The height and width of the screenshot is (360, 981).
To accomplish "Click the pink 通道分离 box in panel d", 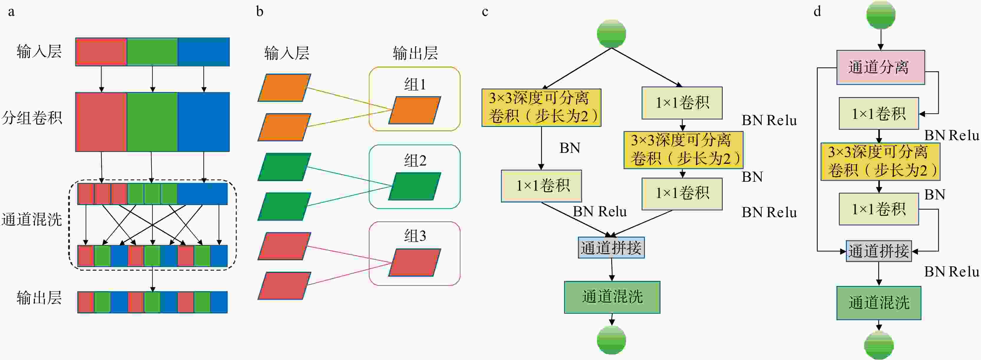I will tap(880, 67).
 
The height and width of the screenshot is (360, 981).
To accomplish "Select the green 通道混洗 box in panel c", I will tap(612, 297).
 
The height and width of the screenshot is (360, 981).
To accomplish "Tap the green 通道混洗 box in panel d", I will tap(879, 303).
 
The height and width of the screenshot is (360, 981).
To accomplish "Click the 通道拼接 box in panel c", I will tap(611, 248).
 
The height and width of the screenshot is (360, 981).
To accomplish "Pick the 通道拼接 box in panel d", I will tap(879, 251).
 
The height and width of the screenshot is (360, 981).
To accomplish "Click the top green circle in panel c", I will tap(611, 34).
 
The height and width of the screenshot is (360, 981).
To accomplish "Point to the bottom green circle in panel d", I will tap(879, 345).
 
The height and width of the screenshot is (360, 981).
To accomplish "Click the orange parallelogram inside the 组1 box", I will tap(414, 110).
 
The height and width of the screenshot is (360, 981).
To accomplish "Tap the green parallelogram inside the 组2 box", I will tap(414, 186).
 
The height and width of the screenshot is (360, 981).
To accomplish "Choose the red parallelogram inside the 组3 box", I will tap(414, 263).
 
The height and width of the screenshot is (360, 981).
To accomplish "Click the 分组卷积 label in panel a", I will tap(32, 118).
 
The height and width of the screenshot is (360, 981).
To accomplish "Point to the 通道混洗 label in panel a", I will tap(32, 220).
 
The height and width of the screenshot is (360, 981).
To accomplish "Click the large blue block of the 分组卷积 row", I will tap(203, 122).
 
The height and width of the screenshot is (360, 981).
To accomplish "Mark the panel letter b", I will tap(260, 12).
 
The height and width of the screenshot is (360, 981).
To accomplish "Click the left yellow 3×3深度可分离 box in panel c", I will tap(541, 107).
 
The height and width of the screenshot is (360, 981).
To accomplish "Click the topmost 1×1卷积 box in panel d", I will tap(879, 114).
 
